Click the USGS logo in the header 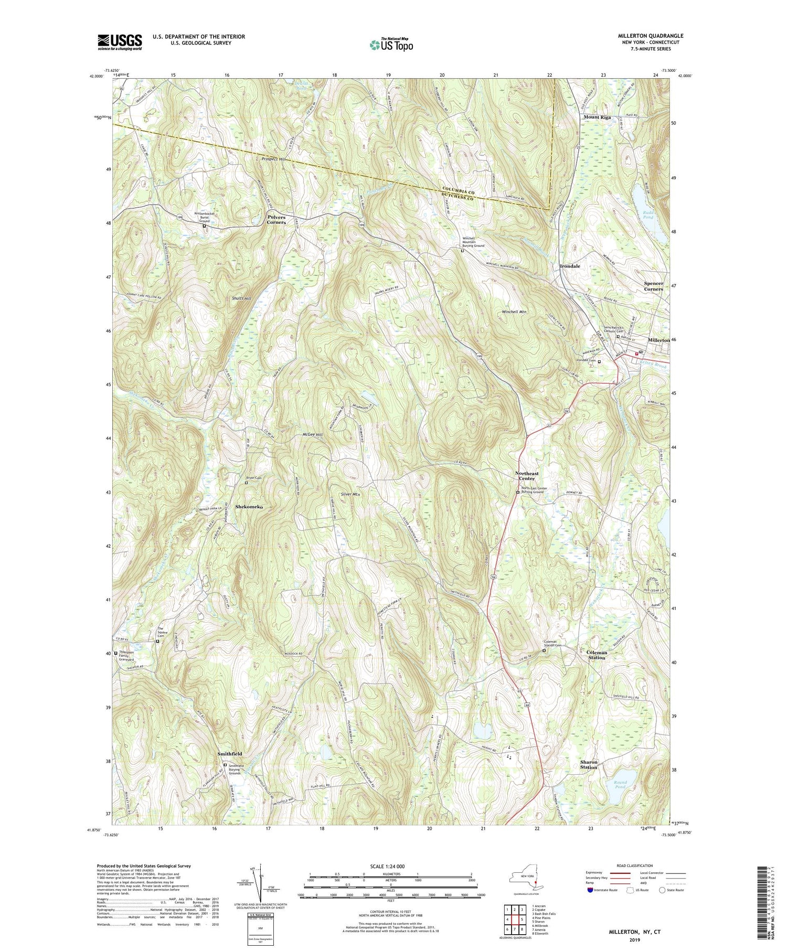pos(120,42)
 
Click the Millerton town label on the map pos(658,340)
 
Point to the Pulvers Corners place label pos(276,219)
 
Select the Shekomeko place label pos(249,507)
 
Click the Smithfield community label pos(230,753)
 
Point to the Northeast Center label pos(527,476)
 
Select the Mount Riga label pos(598,117)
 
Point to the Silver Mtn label pos(350,495)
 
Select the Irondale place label pos(569,266)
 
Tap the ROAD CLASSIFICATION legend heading pos(631,865)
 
